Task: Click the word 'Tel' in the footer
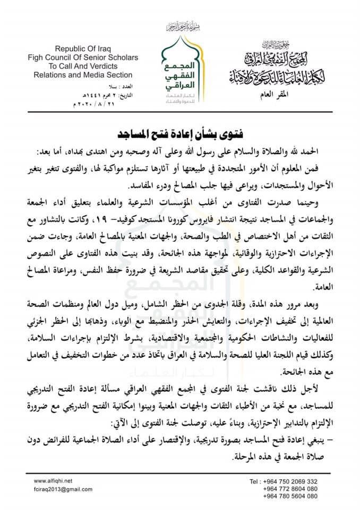[254, 481]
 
